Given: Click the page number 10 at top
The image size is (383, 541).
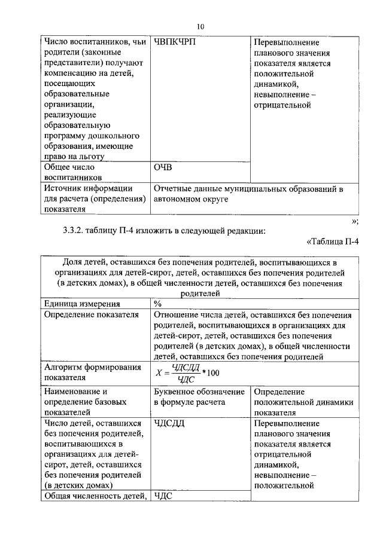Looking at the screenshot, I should (200, 26).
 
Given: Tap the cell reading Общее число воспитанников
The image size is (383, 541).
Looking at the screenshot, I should (70, 173).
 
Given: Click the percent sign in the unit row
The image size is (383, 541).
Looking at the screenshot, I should (158, 304).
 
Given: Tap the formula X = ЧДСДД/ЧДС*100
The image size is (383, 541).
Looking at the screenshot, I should (188, 372).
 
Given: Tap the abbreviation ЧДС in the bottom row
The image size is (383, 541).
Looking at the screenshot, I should (163, 496).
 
